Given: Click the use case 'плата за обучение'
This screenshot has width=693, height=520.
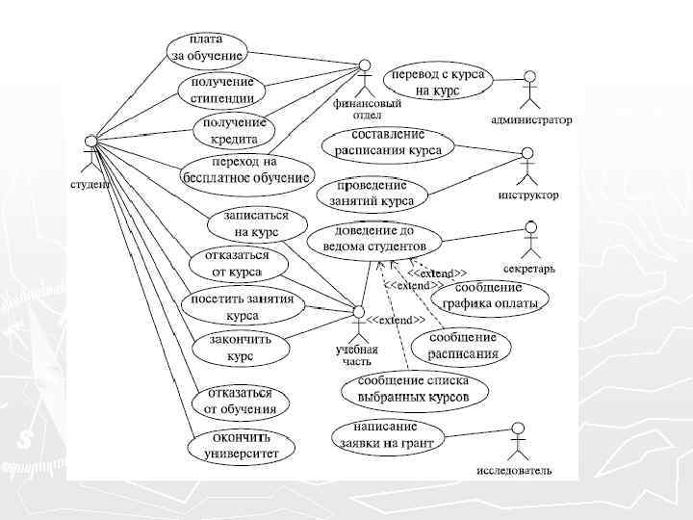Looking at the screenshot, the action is point(207,48).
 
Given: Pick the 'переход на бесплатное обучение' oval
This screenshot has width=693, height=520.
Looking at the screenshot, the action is point(246,170).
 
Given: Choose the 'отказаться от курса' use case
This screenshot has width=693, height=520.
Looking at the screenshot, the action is point(229,264).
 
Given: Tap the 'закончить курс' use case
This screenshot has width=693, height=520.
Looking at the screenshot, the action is point(227,348).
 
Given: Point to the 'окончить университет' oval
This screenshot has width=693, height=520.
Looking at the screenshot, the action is point(241,446).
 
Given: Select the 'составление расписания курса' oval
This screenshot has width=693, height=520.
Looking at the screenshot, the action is point(388,143).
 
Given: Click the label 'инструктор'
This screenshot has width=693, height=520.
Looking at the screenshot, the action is point(528,195).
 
